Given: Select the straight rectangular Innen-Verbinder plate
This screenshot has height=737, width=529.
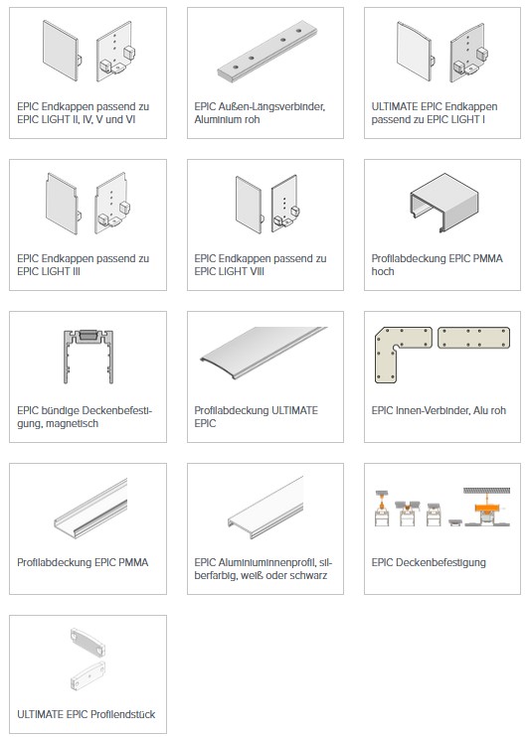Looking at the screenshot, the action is tap(474, 338).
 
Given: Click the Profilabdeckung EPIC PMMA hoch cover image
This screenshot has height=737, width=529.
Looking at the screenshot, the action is tap(444, 203).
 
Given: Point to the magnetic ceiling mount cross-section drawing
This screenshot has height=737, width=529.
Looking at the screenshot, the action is tap(88, 356).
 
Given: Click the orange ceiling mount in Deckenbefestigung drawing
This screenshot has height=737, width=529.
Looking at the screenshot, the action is tap(486, 509).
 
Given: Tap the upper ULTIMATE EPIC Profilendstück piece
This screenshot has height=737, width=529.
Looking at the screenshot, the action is tap(88, 642).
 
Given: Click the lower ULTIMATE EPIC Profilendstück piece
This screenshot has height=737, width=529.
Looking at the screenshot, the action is tap(88, 675).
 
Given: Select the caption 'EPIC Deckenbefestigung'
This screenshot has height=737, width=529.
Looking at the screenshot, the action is tap(429, 562).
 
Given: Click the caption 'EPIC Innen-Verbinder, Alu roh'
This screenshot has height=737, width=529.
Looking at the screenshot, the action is tap(439, 410).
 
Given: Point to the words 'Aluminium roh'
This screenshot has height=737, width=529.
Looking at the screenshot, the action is tap(227, 119).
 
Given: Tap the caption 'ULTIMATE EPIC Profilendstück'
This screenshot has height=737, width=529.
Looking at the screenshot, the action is tap(87, 714).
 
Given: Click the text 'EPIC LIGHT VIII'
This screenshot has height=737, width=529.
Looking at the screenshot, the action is tap(230, 271).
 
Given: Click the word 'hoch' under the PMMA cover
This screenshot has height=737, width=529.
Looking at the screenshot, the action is tap(383, 271).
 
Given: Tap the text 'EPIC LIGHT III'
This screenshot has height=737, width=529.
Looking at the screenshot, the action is tap(49, 271).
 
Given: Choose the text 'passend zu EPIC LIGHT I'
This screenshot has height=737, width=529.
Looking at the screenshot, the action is tap(429, 119).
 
